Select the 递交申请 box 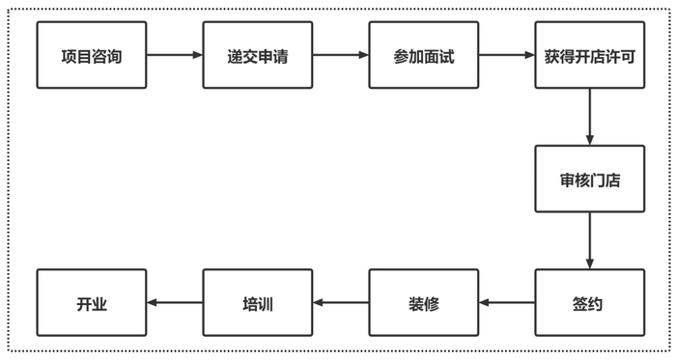[x=257, y=55]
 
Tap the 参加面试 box [x=424, y=55]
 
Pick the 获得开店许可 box [x=588, y=55]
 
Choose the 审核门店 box [x=588, y=179]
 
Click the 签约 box [x=588, y=304]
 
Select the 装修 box [x=424, y=304]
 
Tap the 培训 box [x=257, y=304]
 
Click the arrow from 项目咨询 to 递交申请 [x=174, y=55]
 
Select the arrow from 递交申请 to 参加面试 [x=340, y=55]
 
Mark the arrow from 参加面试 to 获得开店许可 [x=507, y=55]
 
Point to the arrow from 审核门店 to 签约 [x=588, y=241]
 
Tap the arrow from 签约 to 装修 [x=507, y=304]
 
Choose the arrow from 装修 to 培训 [x=340, y=304]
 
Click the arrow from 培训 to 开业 [x=174, y=304]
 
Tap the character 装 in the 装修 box [x=415, y=304]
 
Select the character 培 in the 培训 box [x=248, y=304]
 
